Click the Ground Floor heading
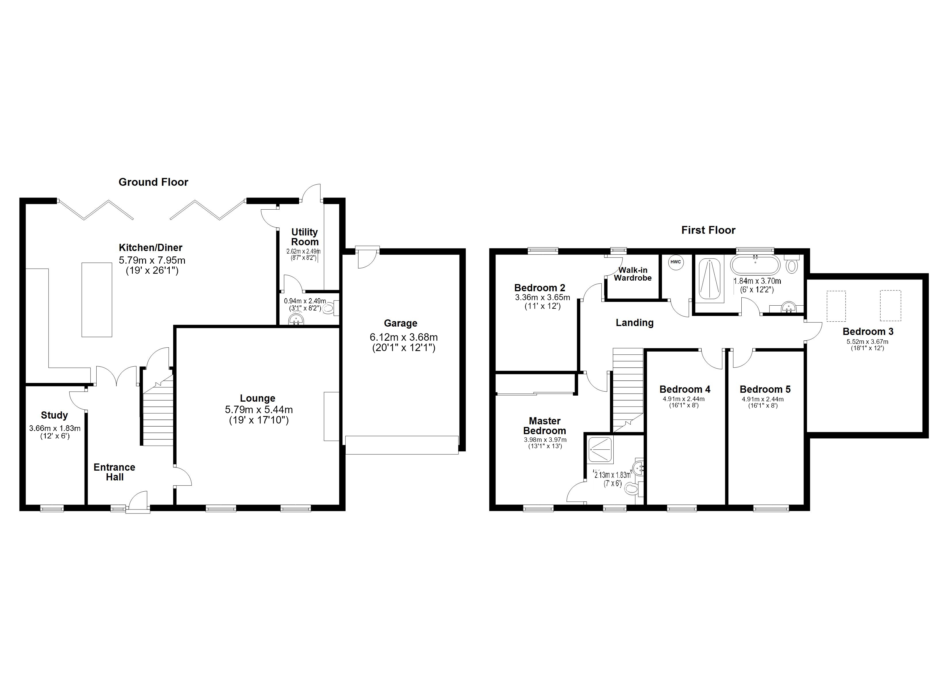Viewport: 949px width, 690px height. [x=153, y=182]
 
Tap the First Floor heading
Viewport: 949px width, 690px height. [x=708, y=230]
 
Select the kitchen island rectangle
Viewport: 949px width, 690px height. [x=97, y=300]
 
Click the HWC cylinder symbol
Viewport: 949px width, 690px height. [x=675, y=262]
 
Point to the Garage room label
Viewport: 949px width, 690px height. [x=400, y=323]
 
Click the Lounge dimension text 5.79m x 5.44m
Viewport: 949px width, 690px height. [x=259, y=410]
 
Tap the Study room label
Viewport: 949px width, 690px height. [x=54, y=415]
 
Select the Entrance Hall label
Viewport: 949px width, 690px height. [x=114, y=472]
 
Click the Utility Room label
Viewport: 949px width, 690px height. [x=305, y=237]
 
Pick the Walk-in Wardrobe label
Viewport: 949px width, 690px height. [x=633, y=274]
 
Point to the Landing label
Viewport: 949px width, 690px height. [x=634, y=323]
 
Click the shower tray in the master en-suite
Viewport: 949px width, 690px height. [x=600, y=450]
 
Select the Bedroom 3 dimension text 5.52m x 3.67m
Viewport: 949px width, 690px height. [x=867, y=342]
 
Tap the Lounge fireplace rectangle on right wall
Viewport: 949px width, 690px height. [x=331, y=416]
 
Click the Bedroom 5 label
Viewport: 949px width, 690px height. [x=765, y=390]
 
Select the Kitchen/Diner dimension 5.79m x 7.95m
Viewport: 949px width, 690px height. [x=152, y=260]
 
